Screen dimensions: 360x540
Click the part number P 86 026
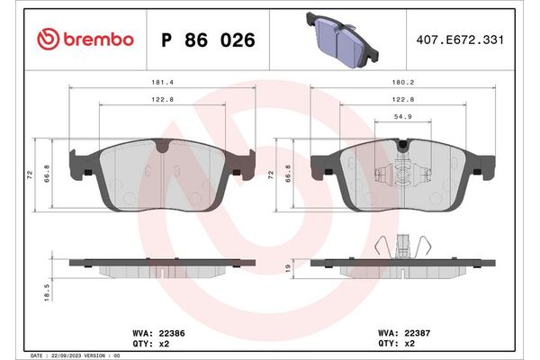click(208, 40)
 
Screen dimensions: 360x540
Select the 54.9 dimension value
click(402, 117)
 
